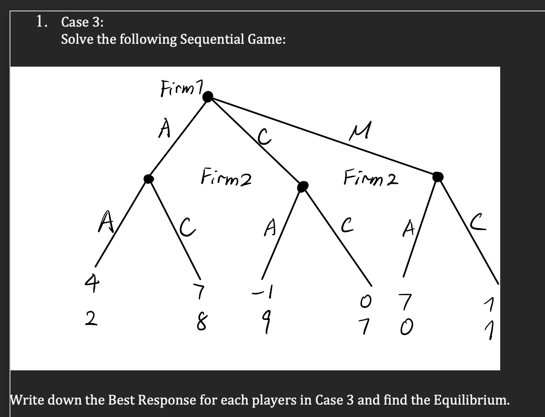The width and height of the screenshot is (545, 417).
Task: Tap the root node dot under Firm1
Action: [208, 97]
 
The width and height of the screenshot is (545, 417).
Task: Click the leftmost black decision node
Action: [149, 178]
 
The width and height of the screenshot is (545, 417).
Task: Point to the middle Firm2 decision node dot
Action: [302, 187]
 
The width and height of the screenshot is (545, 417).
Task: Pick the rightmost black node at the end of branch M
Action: [438, 177]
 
